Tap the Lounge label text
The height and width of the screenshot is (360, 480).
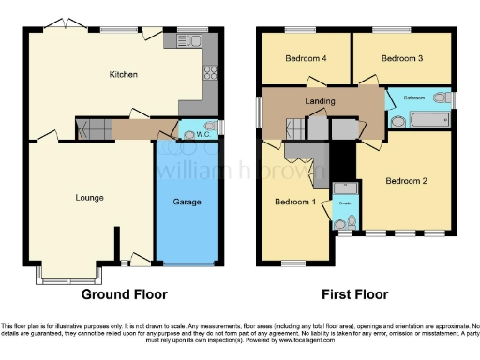point(90,197)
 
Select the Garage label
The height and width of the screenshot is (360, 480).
point(187,202)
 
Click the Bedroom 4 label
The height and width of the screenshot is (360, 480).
point(305,58)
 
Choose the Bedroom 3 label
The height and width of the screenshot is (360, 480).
point(402,58)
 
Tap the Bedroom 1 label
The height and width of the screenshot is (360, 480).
point(293,202)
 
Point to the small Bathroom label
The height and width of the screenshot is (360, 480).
point(415,97)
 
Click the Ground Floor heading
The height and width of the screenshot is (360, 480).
point(124,294)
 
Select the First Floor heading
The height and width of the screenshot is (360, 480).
point(355,294)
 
